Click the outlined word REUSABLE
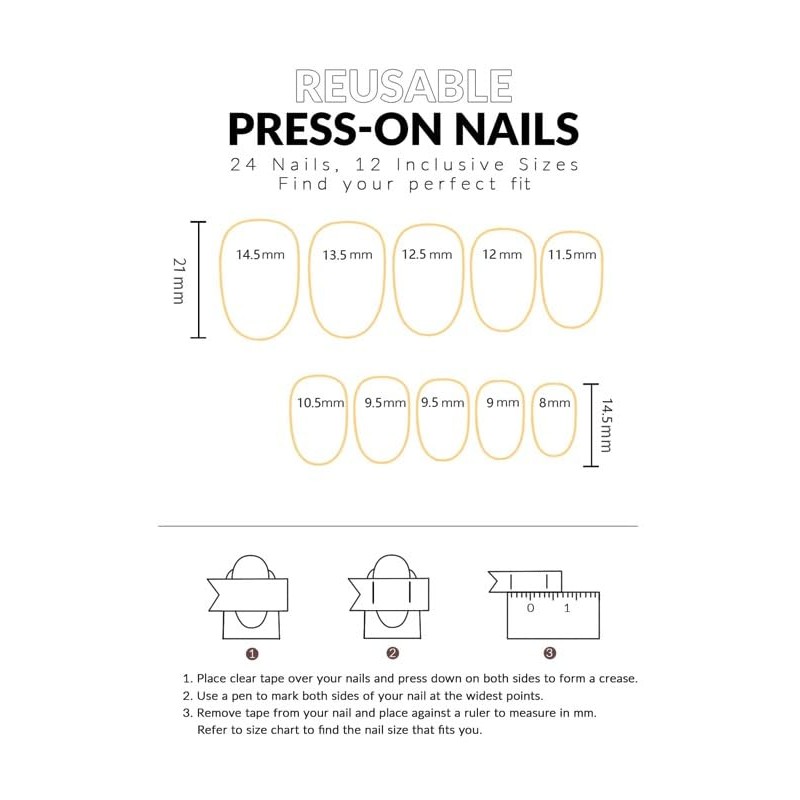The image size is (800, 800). [x=404, y=87]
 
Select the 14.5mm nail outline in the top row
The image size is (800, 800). [x=260, y=278]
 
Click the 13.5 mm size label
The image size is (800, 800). [x=347, y=255]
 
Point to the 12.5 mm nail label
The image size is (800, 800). [x=427, y=254]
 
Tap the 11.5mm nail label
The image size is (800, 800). [x=572, y=254]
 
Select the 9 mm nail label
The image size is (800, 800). [x=503, y=403]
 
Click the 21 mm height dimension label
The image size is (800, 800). [x=179, y=280]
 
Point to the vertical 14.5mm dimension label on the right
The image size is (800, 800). [x=607, y=425]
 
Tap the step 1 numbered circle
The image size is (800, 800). [x=252, y=654]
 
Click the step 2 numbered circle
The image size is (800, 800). [x=392, y=654]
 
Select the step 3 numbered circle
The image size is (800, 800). [x=550, y=654]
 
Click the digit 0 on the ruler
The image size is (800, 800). [x=530, y=608]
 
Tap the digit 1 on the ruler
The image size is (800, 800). [x=567, y=608]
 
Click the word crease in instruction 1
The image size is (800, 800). [x=616, y=678]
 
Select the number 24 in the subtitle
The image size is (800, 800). [x=243, y=164]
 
